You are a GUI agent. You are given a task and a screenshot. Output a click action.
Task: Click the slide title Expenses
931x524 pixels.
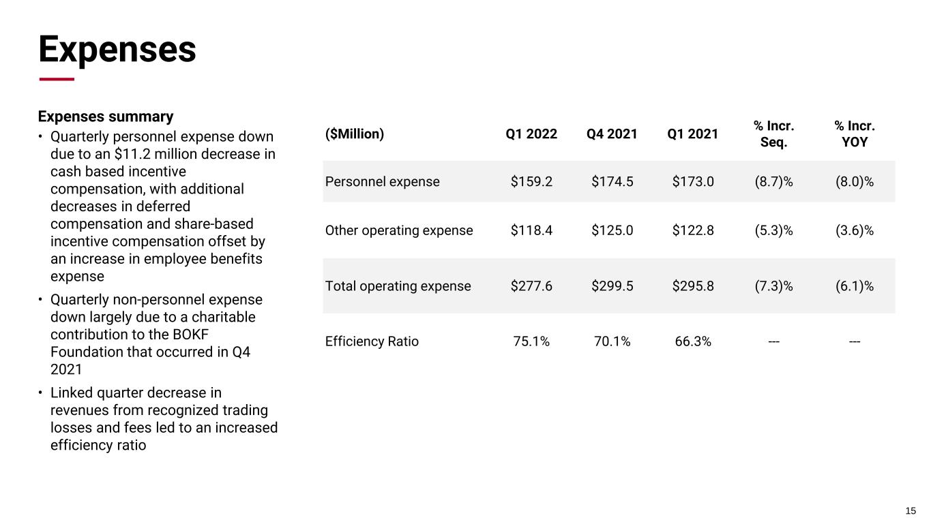[117, 50]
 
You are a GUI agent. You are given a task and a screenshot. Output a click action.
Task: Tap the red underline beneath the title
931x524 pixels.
[57, 79]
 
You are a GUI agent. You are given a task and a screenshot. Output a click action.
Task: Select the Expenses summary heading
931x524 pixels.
[106, 117]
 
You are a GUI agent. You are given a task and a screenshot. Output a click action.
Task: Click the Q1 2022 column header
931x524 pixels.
[531, 134]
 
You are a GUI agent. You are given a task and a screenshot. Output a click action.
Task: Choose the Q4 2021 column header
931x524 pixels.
[612, 134]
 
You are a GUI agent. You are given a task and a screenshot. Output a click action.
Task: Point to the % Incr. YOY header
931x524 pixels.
[855, 134]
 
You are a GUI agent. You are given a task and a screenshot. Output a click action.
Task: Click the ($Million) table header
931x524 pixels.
[355, 134]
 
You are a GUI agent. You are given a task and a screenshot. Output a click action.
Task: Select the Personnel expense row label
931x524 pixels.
[383, 181]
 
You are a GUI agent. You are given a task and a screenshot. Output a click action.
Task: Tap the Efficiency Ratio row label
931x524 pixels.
[372, 341]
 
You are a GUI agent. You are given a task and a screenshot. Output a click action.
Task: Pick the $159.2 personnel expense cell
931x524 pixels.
[531, 181]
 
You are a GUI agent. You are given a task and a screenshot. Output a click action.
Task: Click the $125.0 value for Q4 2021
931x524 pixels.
[612, 230]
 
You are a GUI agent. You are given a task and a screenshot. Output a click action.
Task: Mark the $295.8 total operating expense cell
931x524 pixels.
[693, 286]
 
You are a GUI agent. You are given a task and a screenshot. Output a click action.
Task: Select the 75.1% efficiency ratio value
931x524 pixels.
[531, 341]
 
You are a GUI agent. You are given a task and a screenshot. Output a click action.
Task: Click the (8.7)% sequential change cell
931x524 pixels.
[774, 181]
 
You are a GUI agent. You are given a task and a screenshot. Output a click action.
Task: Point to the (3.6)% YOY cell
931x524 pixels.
[855, 230]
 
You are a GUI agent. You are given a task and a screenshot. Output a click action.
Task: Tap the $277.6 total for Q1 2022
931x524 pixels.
[531, 286]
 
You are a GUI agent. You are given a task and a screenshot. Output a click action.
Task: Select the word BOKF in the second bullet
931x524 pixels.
[190, 335]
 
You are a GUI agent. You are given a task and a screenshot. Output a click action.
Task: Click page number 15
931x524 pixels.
[911, 511]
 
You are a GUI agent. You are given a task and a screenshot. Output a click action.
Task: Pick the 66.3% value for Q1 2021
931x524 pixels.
[693, 341]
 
